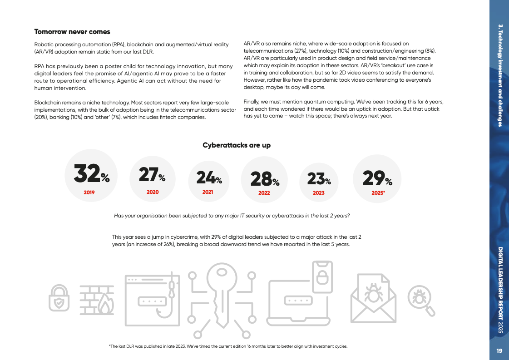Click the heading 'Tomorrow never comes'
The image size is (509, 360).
click(x=72, y=32)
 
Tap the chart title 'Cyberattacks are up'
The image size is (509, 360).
click(x=236, y=145)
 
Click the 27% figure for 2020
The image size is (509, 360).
click(x=152, y=175)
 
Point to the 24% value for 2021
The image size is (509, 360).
click(x=209, y=178)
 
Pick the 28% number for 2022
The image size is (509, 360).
click(x=265, y=179)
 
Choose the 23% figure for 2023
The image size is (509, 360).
click(x=319, y=179)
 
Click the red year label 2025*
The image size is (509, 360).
click(x=378, y=192)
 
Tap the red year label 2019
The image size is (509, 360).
click(x=89, y=192)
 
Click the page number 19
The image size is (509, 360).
click(x=499, y=350)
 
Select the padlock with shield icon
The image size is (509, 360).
click(x=59, y=297)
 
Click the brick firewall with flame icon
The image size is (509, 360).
click(x=97, y=300)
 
